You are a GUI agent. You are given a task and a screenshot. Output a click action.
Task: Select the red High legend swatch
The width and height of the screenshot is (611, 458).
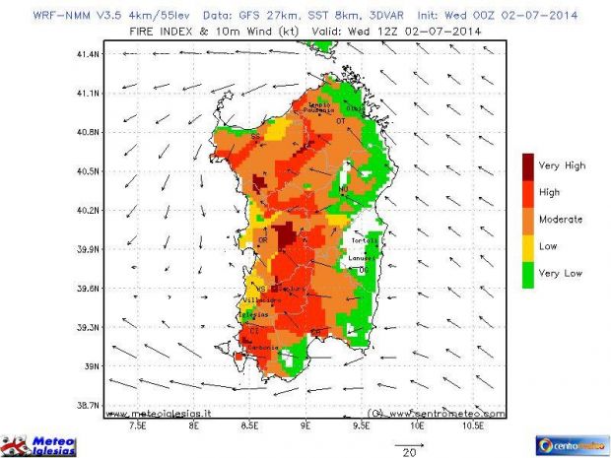[529, 192]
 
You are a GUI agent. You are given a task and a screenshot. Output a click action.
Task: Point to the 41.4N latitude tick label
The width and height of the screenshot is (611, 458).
[88, 54]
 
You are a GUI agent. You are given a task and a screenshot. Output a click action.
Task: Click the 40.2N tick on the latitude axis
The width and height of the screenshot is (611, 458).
[88, 210]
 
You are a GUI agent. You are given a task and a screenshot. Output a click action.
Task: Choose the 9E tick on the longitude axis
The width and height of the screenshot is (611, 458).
[305, 429]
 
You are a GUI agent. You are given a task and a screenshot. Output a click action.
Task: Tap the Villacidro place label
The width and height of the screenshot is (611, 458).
[260, 300]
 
